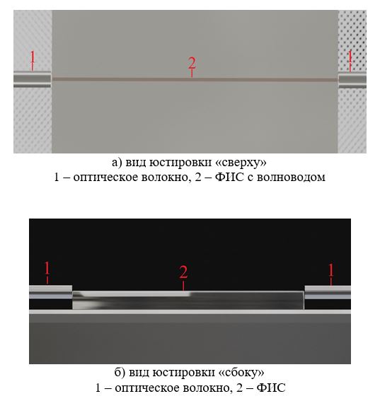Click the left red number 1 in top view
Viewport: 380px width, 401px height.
33,57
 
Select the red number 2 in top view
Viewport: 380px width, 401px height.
192,63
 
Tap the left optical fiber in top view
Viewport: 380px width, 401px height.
33,79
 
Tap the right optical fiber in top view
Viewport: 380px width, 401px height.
352,81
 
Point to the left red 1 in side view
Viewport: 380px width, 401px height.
47,268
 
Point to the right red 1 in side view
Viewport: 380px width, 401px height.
331,269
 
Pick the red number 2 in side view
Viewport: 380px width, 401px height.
183,272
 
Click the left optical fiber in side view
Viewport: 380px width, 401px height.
51,292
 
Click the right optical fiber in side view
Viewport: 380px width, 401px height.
328,292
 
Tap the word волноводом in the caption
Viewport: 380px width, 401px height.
291,178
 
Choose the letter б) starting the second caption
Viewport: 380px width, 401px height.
120,372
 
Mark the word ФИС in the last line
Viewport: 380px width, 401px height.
271,388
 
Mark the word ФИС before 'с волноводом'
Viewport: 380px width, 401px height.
229,177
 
